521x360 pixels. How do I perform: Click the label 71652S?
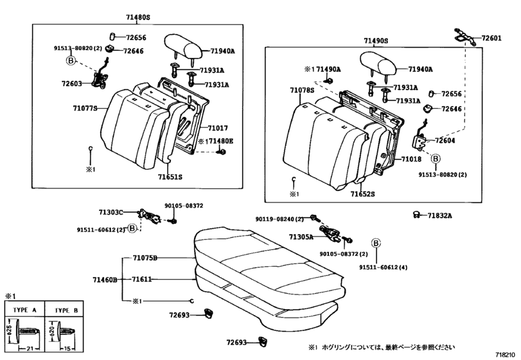(x=363, y=194)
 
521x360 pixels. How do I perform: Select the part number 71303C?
(x=110, y=212)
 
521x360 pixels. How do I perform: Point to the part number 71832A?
(x=441, y=215)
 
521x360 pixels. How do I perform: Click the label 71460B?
(x=105, y=280)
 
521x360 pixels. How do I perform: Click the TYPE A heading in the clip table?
(x=26, y=309)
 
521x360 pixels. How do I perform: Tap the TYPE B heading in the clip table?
(x=66, y=309)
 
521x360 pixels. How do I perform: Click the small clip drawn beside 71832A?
(x=416, y=215)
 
